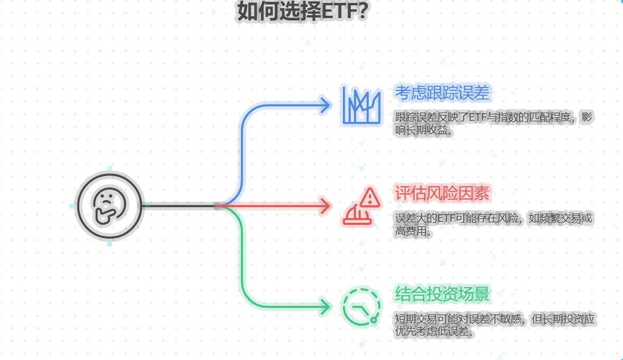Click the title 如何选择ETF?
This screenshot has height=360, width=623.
[x=302, y=11]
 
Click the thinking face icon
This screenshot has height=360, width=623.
[x=110, y=205]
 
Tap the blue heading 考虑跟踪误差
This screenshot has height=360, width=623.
[x=442, y=92]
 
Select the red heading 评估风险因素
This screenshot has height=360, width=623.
[x=442, y=193]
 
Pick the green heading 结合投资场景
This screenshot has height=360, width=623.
[x=442, y=293]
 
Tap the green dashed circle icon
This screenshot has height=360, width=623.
[x=362, y=307]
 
